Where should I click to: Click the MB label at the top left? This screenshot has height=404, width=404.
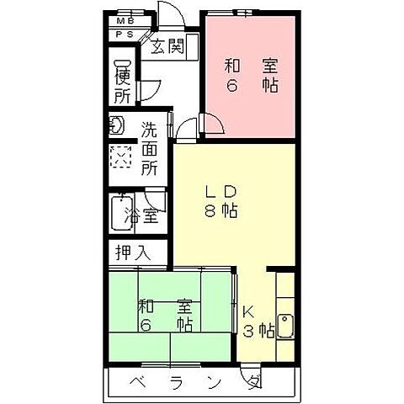click(x=125, y=20)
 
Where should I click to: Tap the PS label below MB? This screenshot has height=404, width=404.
click(x=125, y=34)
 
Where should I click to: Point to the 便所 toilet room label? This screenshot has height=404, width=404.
click(x=124, y=81)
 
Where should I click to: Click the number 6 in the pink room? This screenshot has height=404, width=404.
click(x=229, y=85)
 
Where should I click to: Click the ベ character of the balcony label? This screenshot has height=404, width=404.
click(x=136, y=383)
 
